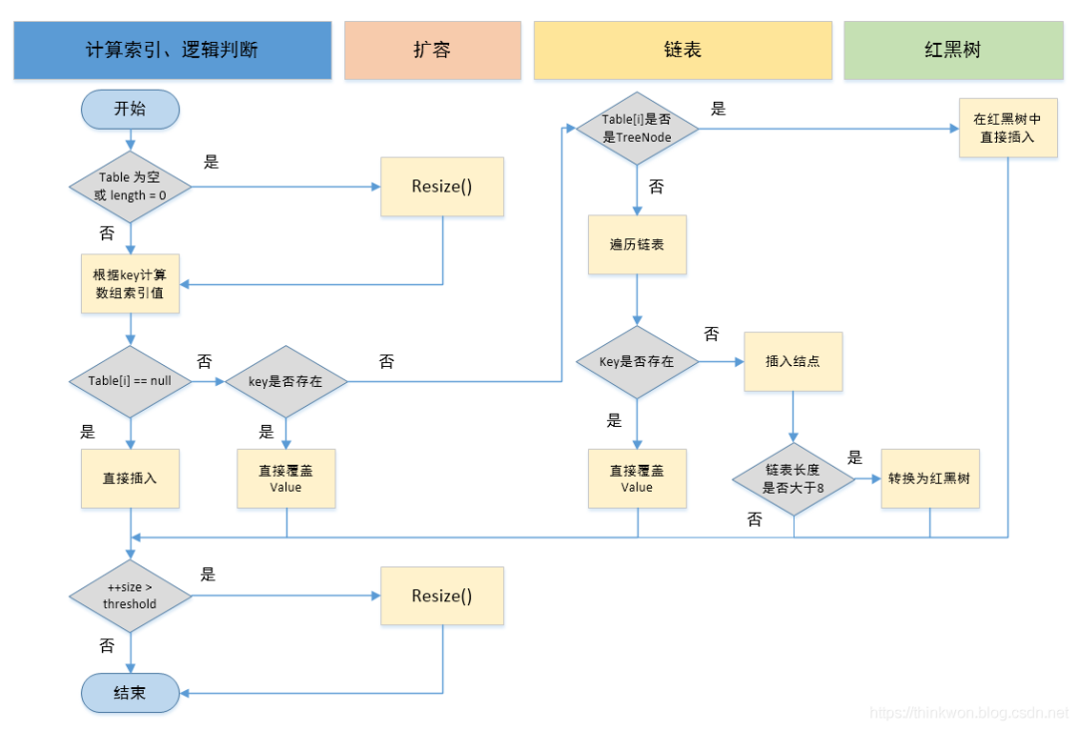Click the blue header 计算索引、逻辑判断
[x=172, y=50]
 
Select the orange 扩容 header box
[x=432, y=50]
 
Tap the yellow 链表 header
[x=683, y=50]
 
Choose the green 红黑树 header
[x=952, y=50]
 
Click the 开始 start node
[x=130, y=109]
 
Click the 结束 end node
[x=130, y=692]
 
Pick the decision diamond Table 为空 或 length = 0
[x=130, y=186]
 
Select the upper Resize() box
[x=441, y=186]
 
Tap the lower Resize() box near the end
[x=441, y=596]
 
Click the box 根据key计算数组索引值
[x=130, y=284]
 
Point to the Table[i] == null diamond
[x=130, y=381]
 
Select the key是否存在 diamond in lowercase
[x=285, y=381]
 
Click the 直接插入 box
[x=130, y=478]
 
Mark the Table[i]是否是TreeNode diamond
[x=637, y=128]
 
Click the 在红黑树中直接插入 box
[x=1007, y=128]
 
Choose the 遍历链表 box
[x=637, y=244]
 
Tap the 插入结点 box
[x=793, y=361]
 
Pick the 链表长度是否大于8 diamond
[x=793, y=479]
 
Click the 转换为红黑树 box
[x=929, y=479]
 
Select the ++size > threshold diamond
[x=130, y=596]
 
